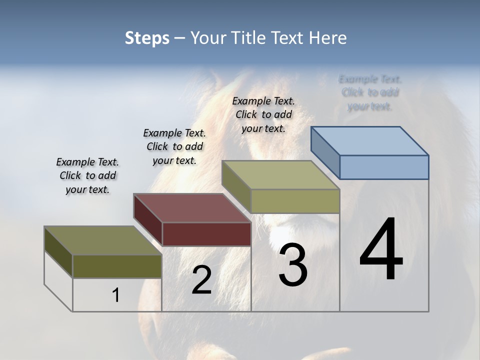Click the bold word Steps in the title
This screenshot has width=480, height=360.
pos(147,38)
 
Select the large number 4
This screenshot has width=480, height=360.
pos(381,250)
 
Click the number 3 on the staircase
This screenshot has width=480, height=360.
pos(293,265)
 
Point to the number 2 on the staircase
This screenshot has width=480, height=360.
pos(201,280)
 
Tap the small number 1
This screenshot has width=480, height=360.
pos(116,295)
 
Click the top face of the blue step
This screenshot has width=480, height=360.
pos(370,140)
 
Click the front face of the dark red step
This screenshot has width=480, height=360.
pos(206,234)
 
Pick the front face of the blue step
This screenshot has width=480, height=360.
pos(384,167)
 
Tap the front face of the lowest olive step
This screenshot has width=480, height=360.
pos(117,266)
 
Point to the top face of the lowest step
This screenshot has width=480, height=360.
pos(103,240)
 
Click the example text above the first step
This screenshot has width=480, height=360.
pos(87,175)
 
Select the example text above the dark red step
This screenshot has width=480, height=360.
pos(174,146)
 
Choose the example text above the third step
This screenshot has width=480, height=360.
pos(263,114)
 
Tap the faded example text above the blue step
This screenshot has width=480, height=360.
pos(370,92)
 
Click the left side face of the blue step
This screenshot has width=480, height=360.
pos(325,152)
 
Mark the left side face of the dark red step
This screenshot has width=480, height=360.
pos(148,220)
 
